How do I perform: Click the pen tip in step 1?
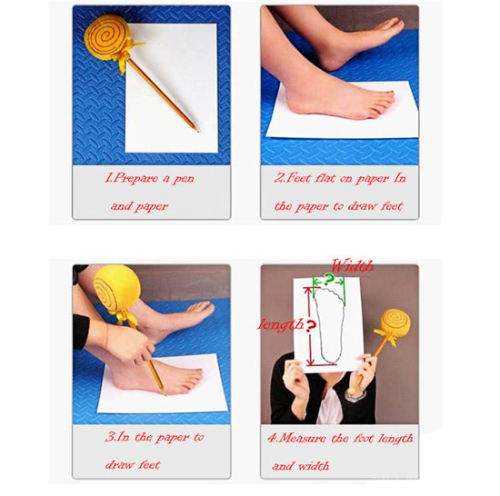(198, 131)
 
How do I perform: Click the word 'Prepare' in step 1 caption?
(135, 178)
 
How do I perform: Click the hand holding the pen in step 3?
(130, 343)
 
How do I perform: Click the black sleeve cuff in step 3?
(81, 332)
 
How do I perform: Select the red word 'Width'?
(353, 265)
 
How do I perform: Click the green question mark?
(329, 280)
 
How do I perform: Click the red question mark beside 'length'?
(311, 325)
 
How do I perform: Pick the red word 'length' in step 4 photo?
(281, 325)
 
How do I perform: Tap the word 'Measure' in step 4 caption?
(302, 439)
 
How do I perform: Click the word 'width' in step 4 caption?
(314, 466)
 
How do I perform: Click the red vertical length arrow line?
(309, 326)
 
